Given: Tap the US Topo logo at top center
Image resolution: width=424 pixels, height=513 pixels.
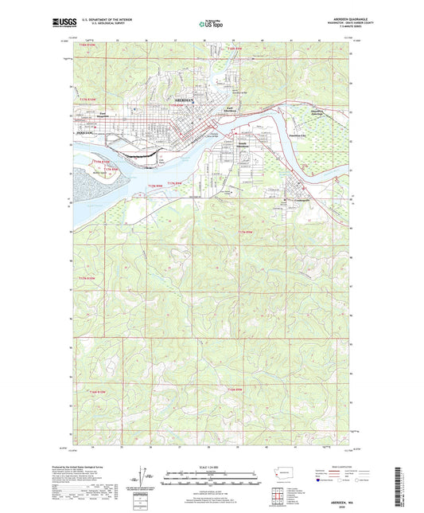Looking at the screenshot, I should click(211, 24).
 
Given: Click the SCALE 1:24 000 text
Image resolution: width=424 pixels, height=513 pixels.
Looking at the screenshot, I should click(211, 466).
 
